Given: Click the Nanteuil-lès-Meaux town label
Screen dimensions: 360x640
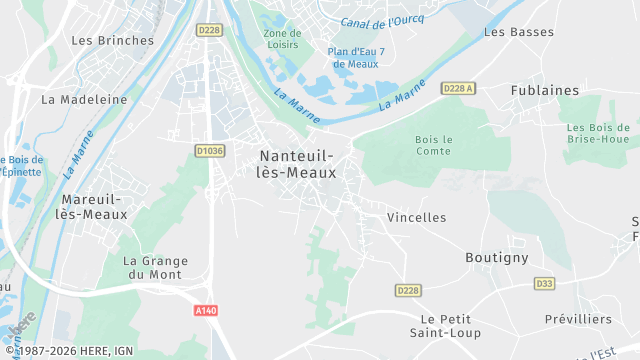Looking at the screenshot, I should (297, 164).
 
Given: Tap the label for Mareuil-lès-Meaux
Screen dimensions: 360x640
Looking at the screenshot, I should (92, 206).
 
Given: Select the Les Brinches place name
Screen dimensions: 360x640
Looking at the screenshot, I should (113, 41).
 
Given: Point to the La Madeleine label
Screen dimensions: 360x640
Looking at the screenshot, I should (84, 100).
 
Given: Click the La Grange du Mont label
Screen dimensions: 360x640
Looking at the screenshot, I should (155, 268).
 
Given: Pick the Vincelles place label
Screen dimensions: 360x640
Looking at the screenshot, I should (416, 217).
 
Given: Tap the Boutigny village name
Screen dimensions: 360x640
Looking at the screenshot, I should (496, 257).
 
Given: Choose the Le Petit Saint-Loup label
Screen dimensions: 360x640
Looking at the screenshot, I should (445, 325).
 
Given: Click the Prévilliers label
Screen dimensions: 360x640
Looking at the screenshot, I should (579, 318).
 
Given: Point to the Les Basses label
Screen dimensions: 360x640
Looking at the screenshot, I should (518, 32).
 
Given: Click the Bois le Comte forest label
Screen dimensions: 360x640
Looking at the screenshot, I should (434, 145).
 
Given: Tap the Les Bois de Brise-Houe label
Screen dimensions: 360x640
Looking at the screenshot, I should (601, 134).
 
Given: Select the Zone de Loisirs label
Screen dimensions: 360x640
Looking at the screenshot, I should (282, 39).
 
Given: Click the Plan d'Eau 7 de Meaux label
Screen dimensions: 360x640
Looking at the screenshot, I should (356, 57).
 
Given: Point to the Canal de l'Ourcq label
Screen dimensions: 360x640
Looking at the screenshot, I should (382, 20).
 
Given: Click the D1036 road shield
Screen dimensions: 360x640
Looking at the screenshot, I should (210, 150).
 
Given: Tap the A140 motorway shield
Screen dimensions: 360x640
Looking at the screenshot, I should (206, 310).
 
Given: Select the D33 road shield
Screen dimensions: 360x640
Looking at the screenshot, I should (544, 283).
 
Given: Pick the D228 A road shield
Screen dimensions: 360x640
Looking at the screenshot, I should (458, 88).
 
